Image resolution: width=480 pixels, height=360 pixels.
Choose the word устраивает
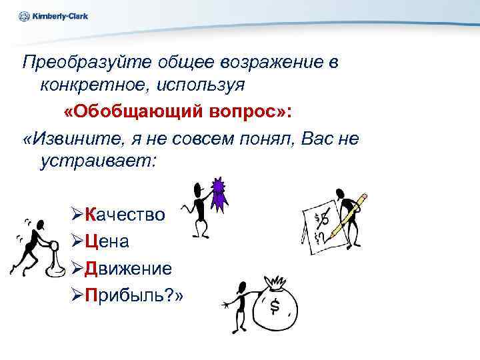point(97,161)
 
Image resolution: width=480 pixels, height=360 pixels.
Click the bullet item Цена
point(109,241)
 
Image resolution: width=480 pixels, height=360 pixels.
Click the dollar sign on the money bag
point(274,306)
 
